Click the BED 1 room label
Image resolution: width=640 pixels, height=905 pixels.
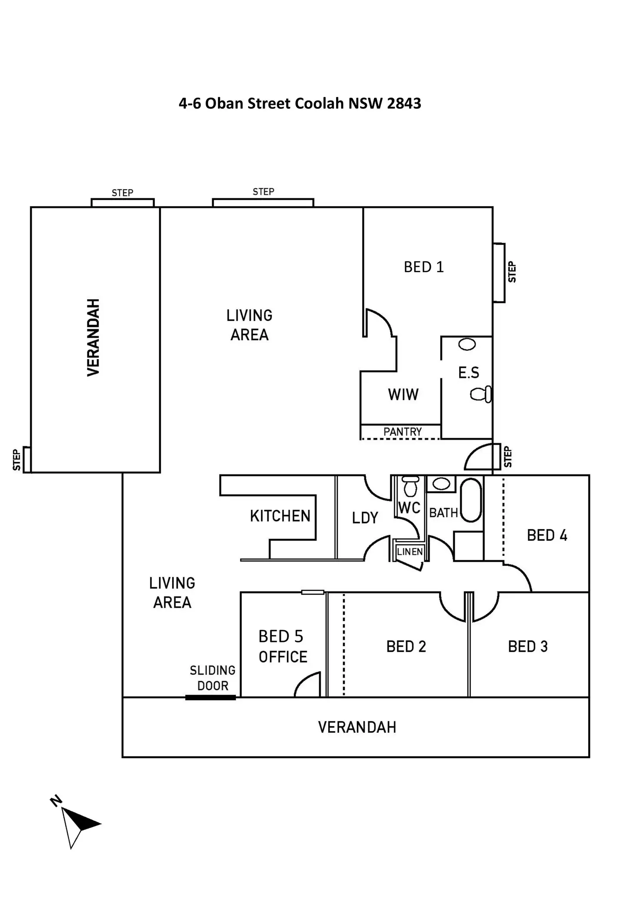coord(423,267)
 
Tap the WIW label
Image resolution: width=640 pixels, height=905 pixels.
coord(403,394)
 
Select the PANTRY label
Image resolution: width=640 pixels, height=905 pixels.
coord(402,432)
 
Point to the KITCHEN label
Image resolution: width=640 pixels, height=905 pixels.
coord(280,516)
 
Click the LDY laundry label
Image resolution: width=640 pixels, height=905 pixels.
coord(365,518)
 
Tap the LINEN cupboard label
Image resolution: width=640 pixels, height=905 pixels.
coord(410,552)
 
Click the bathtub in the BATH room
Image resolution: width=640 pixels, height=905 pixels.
coord(471,500)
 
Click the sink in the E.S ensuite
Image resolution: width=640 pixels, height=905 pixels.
coord(467,344)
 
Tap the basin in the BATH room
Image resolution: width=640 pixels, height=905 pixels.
coord(441,484)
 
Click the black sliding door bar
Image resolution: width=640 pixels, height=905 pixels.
coord(210,698)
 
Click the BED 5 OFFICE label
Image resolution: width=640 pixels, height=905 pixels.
coord(283,647)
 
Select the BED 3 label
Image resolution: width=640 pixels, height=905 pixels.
coord(527,647)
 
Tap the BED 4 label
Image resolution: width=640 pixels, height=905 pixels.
coord(547,535)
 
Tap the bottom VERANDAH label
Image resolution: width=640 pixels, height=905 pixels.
coord(357,728)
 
